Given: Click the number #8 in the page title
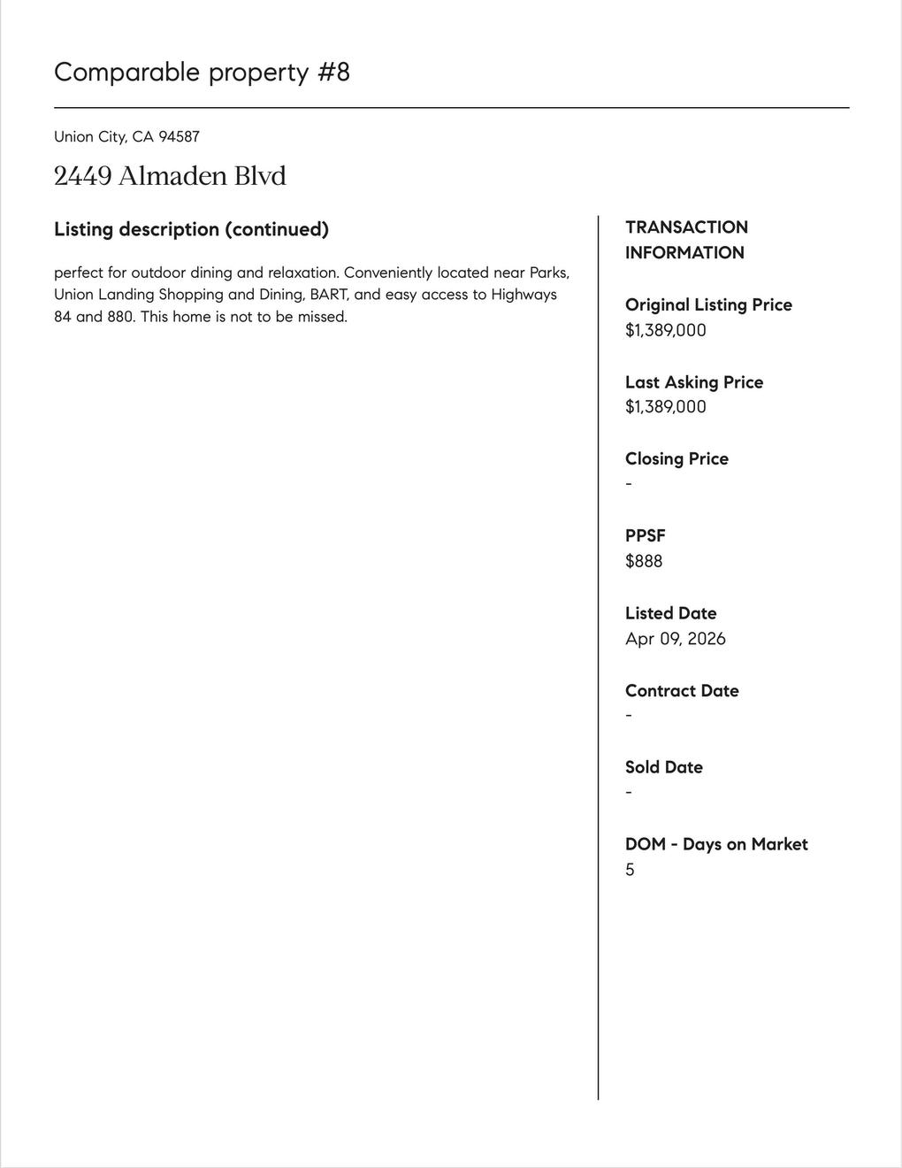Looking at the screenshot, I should pos(333,72).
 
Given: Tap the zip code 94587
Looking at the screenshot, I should pos(179,136).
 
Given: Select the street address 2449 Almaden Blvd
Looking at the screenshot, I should pos(170,175).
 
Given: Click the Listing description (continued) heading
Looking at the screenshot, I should pos(191,229).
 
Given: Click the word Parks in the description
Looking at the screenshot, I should pos(548,272).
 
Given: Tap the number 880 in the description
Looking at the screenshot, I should pos(119,316).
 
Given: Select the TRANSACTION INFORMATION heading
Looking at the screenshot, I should pos(686,240).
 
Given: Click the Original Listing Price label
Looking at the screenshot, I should pos(708,304).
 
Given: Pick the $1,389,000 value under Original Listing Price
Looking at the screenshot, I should pos(665,330).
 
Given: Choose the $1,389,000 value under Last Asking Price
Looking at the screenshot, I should pos(665,407).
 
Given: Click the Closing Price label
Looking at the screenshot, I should pos(676,458).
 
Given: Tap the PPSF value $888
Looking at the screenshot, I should pos(644,561).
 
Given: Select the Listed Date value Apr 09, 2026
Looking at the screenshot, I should pos(675,639).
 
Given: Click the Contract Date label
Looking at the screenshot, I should pos(681,690).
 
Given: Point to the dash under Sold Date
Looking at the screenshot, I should pos(629,792).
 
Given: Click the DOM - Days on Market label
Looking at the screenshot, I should pos(716,844).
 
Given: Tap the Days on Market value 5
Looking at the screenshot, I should pos(630,870).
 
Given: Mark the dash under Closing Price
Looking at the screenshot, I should pos(629,484).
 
